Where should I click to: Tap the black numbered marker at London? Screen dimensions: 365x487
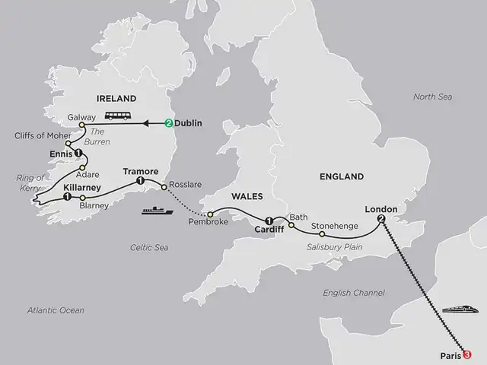click(380, 219)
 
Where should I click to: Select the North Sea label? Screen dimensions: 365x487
click(431, 97)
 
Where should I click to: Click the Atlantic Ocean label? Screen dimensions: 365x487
click(56, 310)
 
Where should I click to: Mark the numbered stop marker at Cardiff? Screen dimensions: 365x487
click(268, 221)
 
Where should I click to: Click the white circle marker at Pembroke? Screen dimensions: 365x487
click(209, 214)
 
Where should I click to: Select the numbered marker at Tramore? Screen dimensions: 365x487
click(139, 182)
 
